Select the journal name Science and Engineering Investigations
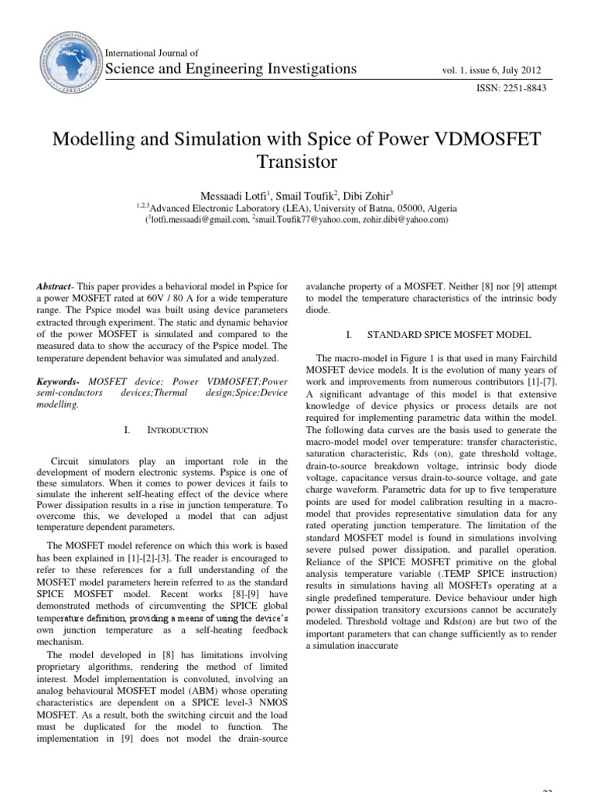(230, 69)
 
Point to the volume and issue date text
(492, 70)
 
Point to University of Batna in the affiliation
(355, 208)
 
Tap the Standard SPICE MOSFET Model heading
(449, 335)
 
